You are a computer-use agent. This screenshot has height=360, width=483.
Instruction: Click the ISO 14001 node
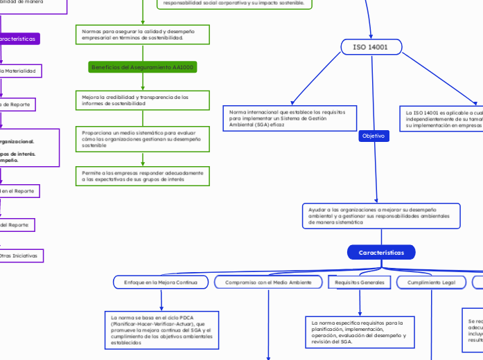coord(371,47)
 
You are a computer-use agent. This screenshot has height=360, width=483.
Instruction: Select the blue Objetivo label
coord(374,136)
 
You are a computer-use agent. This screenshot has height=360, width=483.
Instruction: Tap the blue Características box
coord(381,253)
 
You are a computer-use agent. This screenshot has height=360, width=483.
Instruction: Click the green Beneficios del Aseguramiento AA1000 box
coord(143,67)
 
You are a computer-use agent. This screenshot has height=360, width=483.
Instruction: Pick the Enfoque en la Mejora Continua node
coord(160,282)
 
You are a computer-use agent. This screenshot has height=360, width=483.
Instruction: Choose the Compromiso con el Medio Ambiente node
coord(267,282)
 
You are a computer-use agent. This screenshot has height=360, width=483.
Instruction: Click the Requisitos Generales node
coord(360,282)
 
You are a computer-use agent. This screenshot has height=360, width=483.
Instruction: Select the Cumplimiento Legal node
coord(431,282)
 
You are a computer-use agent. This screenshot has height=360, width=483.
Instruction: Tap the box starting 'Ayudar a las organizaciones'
coord(381,215)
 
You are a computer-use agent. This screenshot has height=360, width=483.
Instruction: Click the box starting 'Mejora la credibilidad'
coord(143,100)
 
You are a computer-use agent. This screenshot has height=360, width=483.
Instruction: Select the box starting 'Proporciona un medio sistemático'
coord(143,138)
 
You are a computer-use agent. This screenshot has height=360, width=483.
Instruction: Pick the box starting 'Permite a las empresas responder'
coord(143,176)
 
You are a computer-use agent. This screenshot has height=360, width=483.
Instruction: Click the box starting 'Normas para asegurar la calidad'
coord(143,35)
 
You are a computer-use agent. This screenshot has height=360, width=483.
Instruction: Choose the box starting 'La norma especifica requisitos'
coord(360,332)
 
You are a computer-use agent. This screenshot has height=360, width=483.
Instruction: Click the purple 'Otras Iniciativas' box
coord(21,255)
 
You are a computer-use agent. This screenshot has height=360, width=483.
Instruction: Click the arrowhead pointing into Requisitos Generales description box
coord(360,313)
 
